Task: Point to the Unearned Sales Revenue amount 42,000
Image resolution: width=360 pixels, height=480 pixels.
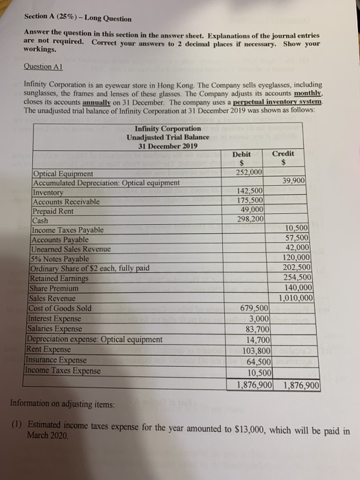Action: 300,249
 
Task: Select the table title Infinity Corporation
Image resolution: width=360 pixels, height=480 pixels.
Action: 168,128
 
